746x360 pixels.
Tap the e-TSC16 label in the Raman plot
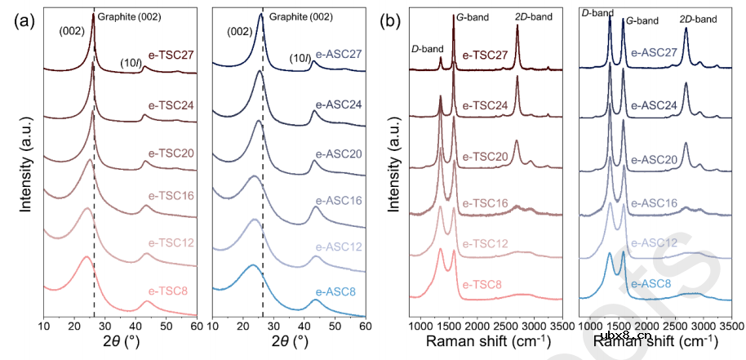[x=484, y=202]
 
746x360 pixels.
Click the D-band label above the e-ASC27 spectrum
[x=597, y=13]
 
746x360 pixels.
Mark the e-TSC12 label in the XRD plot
[x=167, y=243]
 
